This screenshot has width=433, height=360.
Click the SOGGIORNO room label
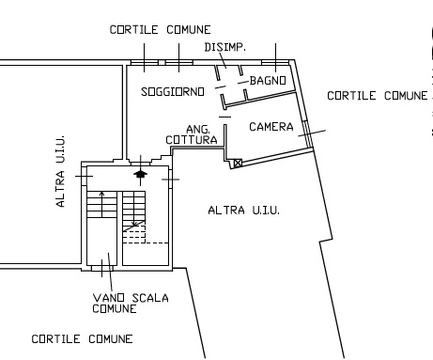click(x=173, y=92)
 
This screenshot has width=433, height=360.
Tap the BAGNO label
click(x=268, y=81)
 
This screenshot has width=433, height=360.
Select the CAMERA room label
click(x=271, y=127)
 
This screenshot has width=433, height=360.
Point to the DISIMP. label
click(x=225, y=47)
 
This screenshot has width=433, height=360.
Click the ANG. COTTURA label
click(x=192, y=134)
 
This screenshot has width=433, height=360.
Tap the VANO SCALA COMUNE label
click(x=131, y=303)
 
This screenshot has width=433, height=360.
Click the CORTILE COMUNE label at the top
click(x=160, y=30)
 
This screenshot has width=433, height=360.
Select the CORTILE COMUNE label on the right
click(x=378, y=96)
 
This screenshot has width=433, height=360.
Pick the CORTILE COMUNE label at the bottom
click(x=82, y=339)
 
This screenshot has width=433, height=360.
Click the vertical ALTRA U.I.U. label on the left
click(x=60, y=171)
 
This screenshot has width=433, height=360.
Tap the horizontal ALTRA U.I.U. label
click(x=244, y=210)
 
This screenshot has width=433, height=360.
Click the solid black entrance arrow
click(x=140, y=174)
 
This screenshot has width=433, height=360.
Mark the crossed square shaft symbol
click(x=238, y=163)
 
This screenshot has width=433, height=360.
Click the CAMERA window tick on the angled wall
click(x=312, y=133)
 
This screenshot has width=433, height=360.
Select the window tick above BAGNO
click(x=276, y=57)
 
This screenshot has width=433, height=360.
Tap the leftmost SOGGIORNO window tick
click(x=145, y=57)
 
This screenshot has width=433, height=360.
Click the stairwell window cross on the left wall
click(x=84, y=176)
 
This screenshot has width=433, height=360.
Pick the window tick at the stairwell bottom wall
click(x=102, y=268)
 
